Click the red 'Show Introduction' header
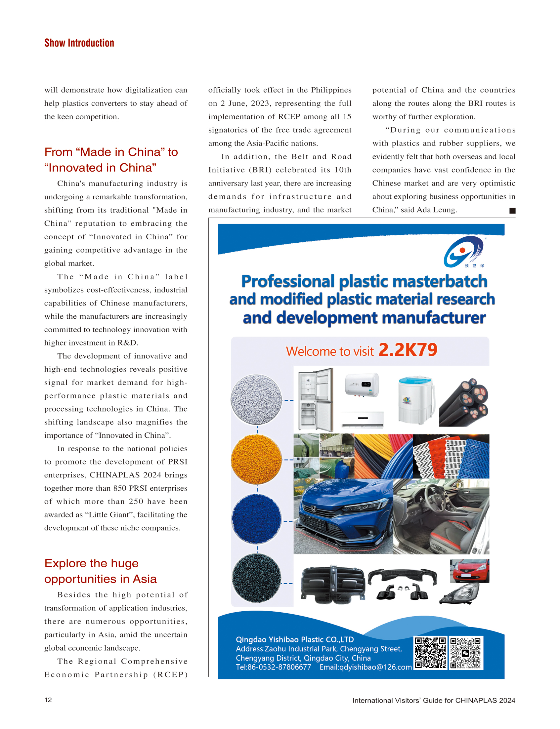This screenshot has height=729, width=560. point(79,43)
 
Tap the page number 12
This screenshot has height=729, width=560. point(48,700)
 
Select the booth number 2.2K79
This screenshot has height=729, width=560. point(408,350)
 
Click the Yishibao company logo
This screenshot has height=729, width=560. point(464,252)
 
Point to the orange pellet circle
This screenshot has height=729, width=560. point(256,459)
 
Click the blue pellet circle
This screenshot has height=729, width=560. point(256,519)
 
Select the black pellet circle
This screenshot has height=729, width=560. point(256,578)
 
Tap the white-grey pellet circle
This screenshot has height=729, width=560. point(256,399)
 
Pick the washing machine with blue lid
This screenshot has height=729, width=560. point(416,400)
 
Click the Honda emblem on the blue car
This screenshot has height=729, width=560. point(313,509)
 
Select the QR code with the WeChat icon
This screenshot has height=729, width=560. point(465,653)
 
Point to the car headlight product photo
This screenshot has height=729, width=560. point(460,594)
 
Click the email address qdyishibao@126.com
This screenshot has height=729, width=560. point(366,667)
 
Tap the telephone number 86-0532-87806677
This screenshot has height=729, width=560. point(279,667)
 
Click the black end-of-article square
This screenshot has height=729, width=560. point(512,211)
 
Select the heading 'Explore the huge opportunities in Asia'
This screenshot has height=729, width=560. point(100,571)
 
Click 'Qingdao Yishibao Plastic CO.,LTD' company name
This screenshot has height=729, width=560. point(295,639)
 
